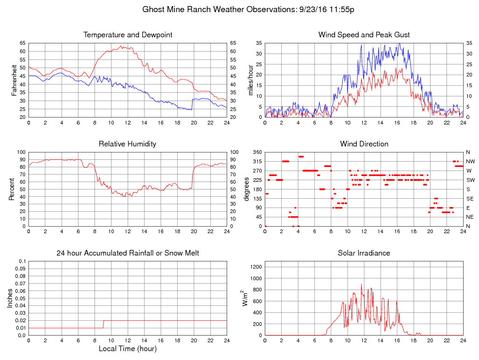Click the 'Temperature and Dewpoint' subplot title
coord(127,35)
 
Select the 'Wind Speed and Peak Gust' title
coord(364,35)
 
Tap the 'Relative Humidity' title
coord(127,144)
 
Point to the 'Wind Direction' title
coord(364,144)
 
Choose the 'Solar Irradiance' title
coord(364,253)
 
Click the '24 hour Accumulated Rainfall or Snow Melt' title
coord(127,253)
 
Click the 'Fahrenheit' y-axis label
coord(14,80)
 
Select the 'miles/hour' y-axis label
coord(250,80)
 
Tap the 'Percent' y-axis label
coord(11,189)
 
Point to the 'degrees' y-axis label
coord(247,189)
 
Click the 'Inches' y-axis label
coord(10,298)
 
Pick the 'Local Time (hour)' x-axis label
coord(127,349)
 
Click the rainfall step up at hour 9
coord(103,324)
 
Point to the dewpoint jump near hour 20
coord(192,104)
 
